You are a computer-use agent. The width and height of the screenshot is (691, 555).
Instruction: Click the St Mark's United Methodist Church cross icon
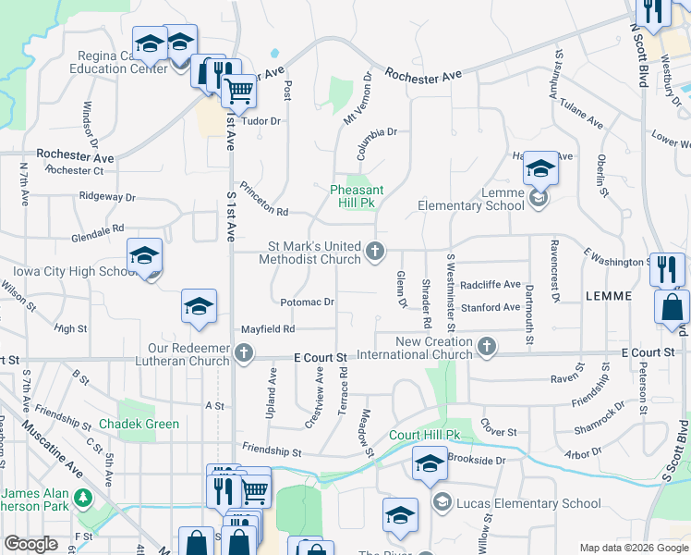[x=375, y=251]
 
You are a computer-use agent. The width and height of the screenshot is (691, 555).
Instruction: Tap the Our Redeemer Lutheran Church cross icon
[x=243, y=352]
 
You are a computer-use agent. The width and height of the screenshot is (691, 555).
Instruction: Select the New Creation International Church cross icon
[x=487, y=347]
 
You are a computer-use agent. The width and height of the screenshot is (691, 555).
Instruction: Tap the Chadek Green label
[x=142, y=425]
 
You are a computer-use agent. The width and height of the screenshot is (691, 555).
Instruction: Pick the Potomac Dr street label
[x=307, y=302]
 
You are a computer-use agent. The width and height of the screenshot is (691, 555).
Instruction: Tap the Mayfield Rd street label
[x=268, y=328]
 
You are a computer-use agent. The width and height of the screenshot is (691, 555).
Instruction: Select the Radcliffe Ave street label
[x=490, y=285]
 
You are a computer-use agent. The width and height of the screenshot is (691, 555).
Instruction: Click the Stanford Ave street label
[x=490, y=307]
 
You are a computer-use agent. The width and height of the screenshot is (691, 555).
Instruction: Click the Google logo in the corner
[x=31, y=544]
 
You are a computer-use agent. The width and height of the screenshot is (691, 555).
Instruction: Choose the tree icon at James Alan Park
[x=84, y=499]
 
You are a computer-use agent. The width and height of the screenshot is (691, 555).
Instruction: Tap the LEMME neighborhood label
[x=608, y=296]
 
